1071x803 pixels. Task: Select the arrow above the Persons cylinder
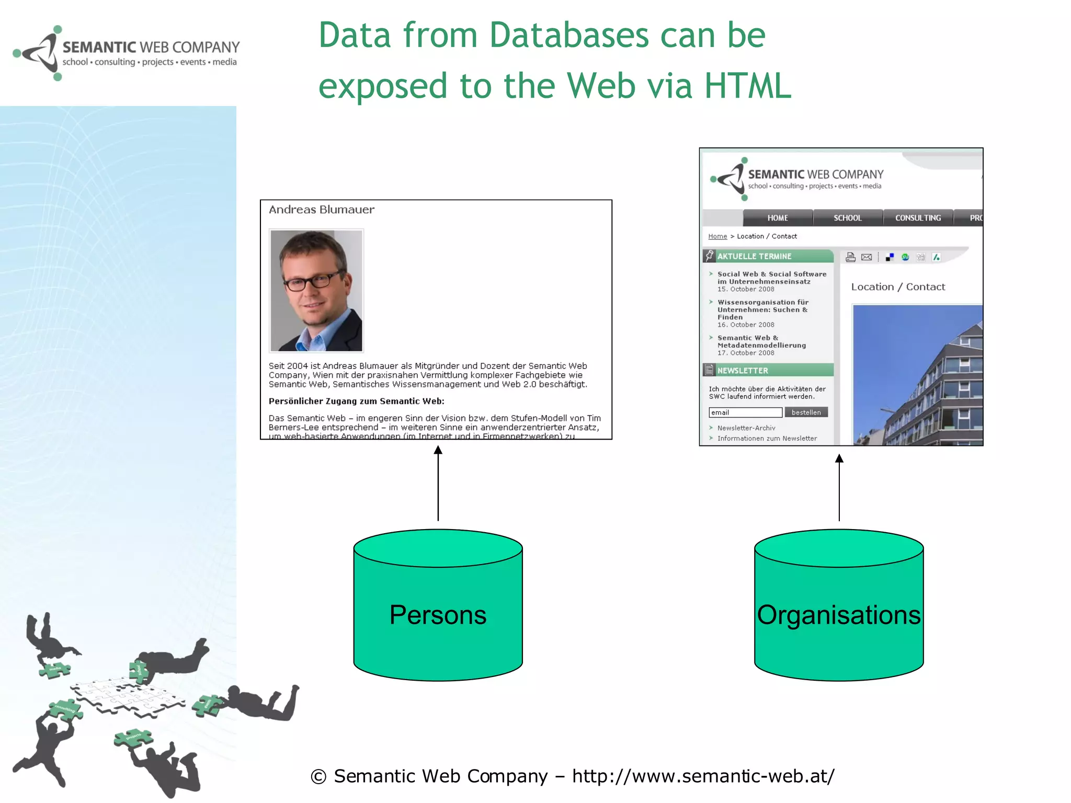point(438,484)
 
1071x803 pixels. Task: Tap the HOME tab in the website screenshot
point(778,218)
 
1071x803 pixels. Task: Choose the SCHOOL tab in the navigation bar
point(848,218)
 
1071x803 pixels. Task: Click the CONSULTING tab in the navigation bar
point(918,218)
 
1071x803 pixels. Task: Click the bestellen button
point(806,412)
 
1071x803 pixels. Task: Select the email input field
point(745,412)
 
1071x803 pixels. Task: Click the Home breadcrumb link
point(717,236)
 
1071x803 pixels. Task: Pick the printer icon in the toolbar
point(851,257)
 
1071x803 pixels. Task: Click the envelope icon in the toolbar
point(867,257)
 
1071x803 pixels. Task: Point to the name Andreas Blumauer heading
point(322,210)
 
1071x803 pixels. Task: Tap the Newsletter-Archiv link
point(746,428)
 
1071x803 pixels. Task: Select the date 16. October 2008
point(746,325)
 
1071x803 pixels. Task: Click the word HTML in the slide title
point(748,86)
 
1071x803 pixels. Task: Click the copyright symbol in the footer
point(318,777)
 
